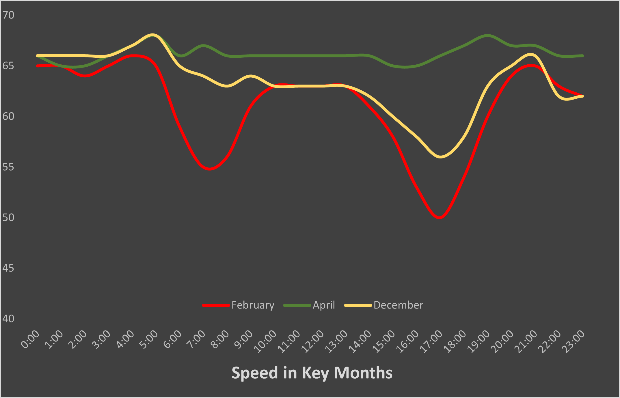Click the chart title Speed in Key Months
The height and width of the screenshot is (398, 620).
coord(312,373)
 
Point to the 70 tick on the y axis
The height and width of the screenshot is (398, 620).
coord(8,15)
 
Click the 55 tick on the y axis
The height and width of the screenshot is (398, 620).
coord(8,167)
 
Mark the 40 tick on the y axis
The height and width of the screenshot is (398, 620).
coord(8,319)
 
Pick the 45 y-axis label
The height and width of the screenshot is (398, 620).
coord(8,268)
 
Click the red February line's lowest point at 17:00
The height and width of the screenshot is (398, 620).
coord(440,218)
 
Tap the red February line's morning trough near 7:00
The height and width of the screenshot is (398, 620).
coord(210,169)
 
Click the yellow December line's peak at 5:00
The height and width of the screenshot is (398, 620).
coord(152,35)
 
